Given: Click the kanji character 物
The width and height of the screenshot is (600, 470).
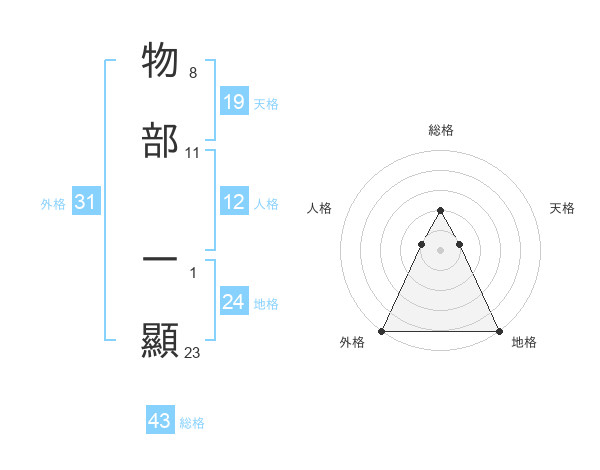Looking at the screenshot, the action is tap(161, 61).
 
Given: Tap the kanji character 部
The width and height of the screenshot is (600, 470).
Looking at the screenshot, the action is tap(161, 142).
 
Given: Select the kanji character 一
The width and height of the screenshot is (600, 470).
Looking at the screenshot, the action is tap(161, 258).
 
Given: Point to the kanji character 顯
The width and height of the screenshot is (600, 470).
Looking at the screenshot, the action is tap(161, 341).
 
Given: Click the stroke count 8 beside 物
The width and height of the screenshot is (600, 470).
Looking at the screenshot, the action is tap(193, 73).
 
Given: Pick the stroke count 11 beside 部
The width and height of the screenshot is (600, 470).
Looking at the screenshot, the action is tap(193, 153).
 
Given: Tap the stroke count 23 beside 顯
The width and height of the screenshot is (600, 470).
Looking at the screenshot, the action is tap(193, 352).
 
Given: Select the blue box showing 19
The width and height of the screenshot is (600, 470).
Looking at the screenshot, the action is tap(234, 102).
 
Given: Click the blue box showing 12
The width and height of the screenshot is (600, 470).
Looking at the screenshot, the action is tap(234, 203).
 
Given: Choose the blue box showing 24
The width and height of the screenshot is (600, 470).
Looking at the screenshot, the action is tap(234, 303).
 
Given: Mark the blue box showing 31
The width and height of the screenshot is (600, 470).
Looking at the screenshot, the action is tap(86, 203).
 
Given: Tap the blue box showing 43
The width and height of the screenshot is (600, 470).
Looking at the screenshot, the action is tap(160, 421).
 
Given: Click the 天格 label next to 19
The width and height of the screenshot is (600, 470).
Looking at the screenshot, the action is tap(266, 103).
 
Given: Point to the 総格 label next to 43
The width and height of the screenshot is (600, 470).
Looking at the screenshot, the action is tap(192, 423).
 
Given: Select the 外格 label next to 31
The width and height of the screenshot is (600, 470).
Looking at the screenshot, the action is tap(53, 204).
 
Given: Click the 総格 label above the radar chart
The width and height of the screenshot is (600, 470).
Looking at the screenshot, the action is tap(440, 130).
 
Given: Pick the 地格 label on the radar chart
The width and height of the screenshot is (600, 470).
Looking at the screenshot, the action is tap(524, 343).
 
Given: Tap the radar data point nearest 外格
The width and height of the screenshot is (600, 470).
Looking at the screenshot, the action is tap(382, 330).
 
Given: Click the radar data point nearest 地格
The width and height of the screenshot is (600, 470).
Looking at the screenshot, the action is tap(498, 330).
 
